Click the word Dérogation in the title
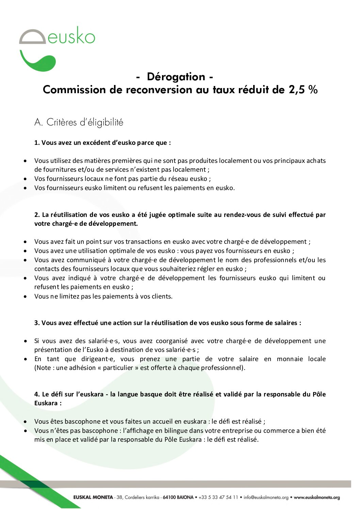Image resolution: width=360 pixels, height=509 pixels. (x=176, y=77)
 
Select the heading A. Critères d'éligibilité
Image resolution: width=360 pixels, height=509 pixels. (x=79, y=122)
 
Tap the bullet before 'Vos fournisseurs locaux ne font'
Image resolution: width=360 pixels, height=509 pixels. (x=26, y=179)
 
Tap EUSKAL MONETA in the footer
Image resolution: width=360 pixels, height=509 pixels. (x=93, y=497)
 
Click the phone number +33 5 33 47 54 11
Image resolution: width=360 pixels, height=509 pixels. (x=218, y=497)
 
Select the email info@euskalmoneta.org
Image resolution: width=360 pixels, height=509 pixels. (x=266, y=497)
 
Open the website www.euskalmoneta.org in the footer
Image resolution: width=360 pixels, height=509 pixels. (x=317, y=497)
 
